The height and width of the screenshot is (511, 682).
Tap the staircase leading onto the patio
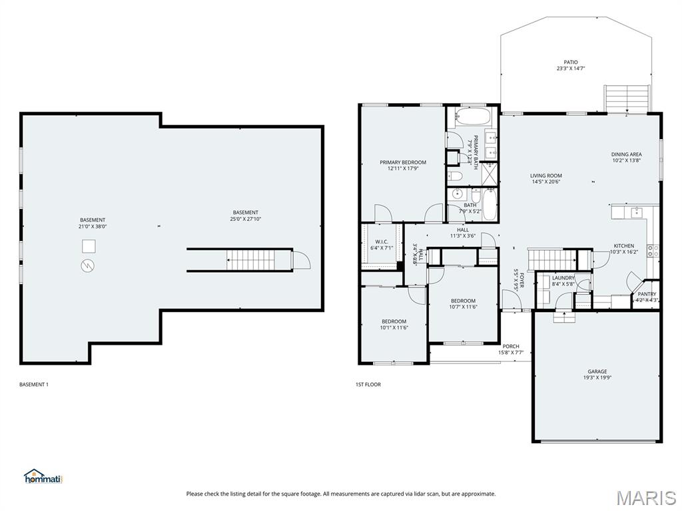(626, 98)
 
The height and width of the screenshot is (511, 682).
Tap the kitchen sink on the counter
(635, 212)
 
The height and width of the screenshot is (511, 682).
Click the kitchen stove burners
(655, 251)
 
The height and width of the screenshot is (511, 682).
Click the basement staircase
(250, 259)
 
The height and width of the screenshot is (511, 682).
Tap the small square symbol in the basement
(89, 246)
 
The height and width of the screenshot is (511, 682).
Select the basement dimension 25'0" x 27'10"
(245, 219)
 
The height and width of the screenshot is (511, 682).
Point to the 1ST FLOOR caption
(368, 385)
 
